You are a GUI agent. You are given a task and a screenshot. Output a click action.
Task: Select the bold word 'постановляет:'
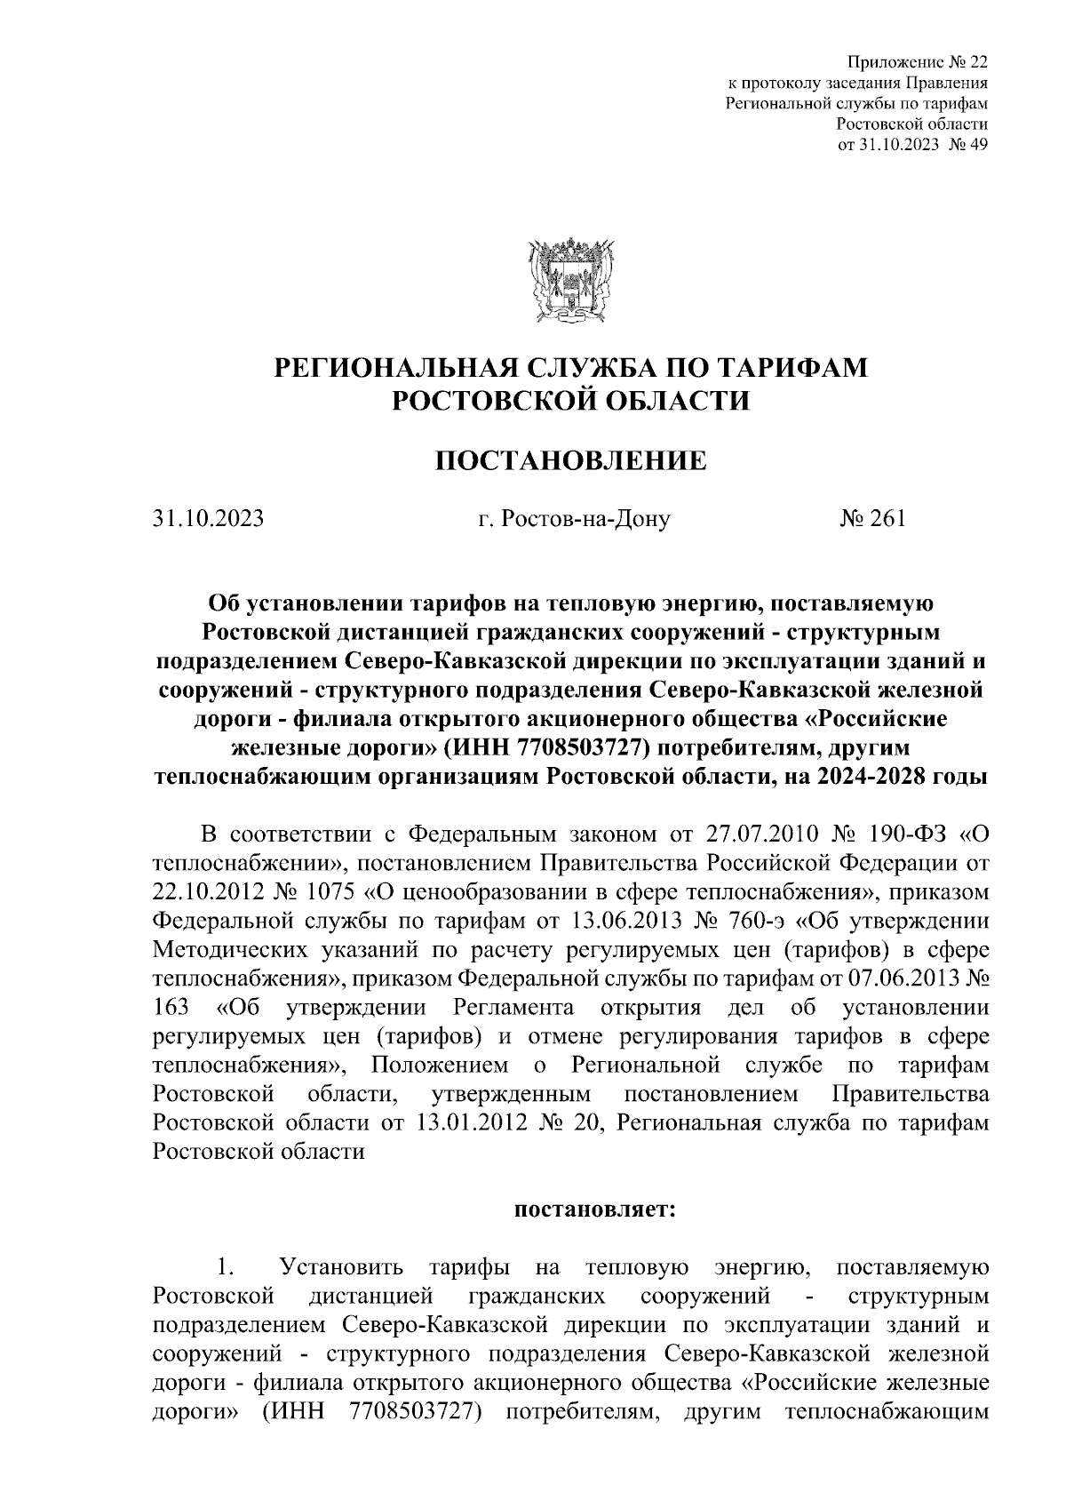coord(595,1210)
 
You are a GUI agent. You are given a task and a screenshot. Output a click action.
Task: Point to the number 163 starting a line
coord(171,1008)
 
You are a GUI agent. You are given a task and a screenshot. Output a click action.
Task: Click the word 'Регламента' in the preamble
coord(511,1008)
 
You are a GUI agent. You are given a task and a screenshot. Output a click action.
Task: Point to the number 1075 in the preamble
coord(329,892)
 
